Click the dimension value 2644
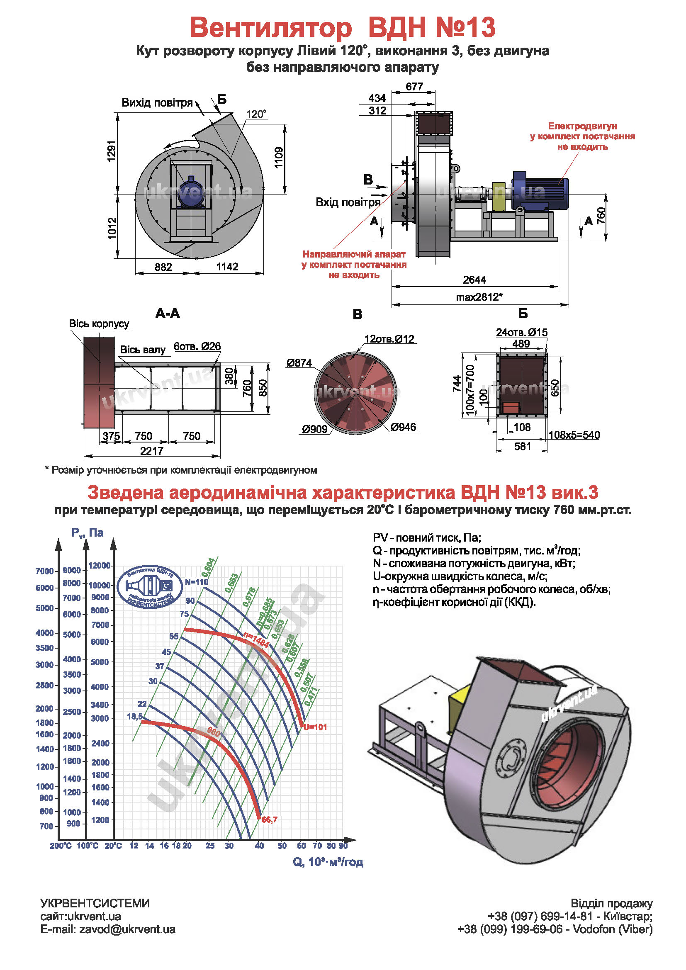pos(474,280)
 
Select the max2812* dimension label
pos(479,297)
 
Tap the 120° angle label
pos(256,114)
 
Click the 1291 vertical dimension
pos(112,151)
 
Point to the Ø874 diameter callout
pos(299,363)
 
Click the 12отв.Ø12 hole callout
pos(389,339)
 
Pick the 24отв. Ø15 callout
pos(521,333)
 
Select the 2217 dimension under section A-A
pos(152,451)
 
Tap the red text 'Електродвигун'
pos(582,126)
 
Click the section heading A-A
pos(168,314)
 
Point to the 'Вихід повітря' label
pos(157,103)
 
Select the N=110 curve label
pos(197,582)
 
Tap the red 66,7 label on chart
pos(270,820)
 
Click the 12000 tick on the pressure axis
pos(99,566)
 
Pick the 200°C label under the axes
pos(61,846)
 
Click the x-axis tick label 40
pos(259,846)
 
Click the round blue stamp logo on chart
pos(150,587)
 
